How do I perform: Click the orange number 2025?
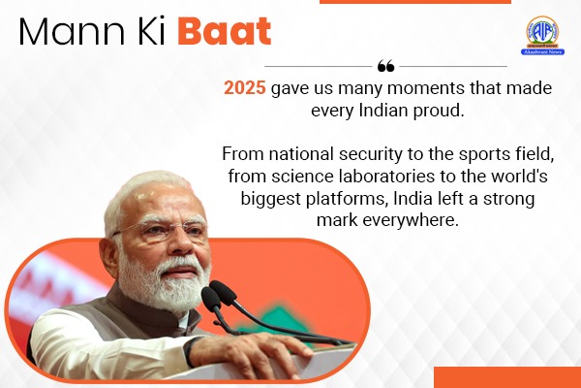245,87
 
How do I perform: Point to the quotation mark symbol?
385,66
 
